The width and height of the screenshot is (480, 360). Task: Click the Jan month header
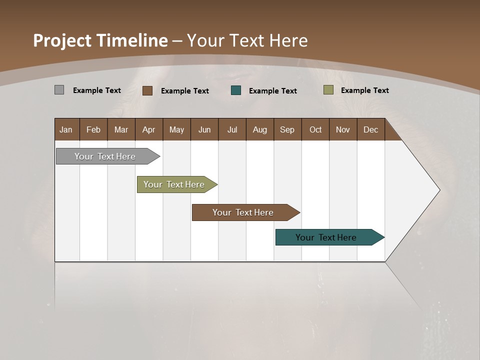click(66, 129)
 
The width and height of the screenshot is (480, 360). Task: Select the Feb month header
click(93, 129)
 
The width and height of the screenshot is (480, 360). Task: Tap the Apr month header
click(148, 129)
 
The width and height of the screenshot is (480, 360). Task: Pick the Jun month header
click(204, 129)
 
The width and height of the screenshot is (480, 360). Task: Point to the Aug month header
click(260, 129)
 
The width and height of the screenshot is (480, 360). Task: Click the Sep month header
click(287, 129)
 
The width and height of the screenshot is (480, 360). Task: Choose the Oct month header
click(315, 129)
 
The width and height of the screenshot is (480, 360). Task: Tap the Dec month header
click(370, 129)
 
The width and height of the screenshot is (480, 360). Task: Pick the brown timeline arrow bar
click(243, 212)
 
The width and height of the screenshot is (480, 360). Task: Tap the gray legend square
click(59, 90)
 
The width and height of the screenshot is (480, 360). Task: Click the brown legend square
click(147, 90)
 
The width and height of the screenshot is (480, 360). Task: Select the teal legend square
click(236, 90)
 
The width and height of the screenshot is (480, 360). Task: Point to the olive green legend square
click(328, 90)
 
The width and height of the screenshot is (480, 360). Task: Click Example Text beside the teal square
click(272, 90)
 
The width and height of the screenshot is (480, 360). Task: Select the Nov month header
click(342, 129)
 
